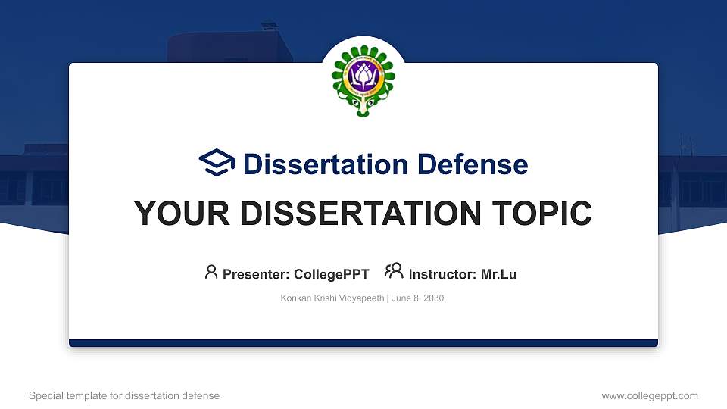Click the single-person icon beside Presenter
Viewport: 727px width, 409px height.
point(211,272)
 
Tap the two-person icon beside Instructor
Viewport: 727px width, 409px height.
point(394,272)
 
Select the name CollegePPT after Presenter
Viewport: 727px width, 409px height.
point(332,274)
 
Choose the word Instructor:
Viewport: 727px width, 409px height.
point(443,274)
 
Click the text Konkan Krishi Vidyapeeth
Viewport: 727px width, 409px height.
point(332,298)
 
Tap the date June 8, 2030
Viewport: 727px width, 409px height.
point(417,298)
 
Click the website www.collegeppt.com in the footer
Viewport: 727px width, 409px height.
point(649,395)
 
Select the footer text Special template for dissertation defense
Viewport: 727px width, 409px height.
point(124,395)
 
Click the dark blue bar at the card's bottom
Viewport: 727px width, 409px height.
point(363,343)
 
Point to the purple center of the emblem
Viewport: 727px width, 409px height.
point(363,76)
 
